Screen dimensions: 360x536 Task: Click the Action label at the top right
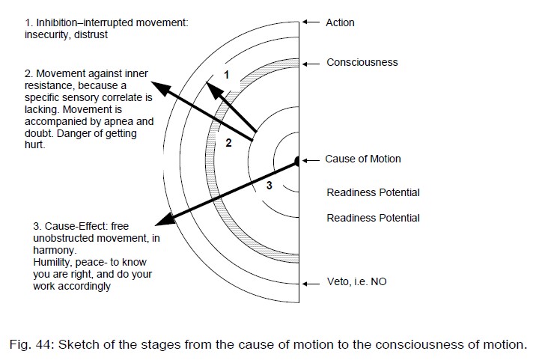pyautogui.click(x=340, y=22)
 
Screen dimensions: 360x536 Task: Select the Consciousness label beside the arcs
pyautogui.click(x=362, y=62)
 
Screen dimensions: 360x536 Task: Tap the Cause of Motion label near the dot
pyautogui.click(x=362, y=159)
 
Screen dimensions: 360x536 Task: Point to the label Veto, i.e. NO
pyautogui.click(x=356, y=282)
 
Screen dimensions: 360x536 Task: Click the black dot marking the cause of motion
pyautogui.click(x=297, y=160)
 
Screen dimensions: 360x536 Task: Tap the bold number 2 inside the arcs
pyautogui.click(x=229, y=142)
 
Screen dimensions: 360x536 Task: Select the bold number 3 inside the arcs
pyautogui.click(x=269, y=186)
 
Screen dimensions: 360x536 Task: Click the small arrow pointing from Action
pyautogui.click(x=311, y=22)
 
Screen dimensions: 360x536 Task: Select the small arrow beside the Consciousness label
pyautogui.click(x=311, y=62)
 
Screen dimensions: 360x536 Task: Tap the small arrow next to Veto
pyautogui.click(x=311, y=282)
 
